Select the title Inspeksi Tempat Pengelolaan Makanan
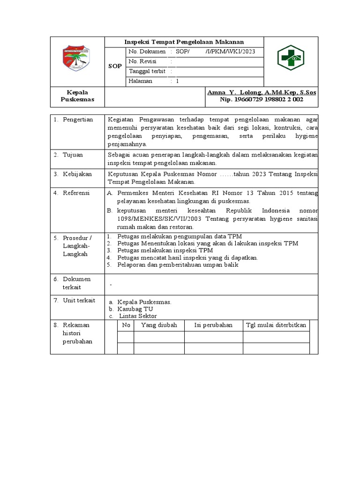(x=184, y=42)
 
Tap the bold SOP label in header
(x=115, y=66)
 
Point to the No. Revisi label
(x=142, y=61)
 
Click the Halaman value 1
(x=177, y=81)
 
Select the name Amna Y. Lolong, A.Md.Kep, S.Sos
(x=262, y=92)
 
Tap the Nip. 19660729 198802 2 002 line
(x=262, y=99)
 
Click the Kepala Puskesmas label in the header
(x=77, y=96)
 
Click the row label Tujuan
(x=73, y=155)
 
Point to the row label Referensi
(x=77, y=193)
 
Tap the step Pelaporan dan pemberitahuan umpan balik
(x=178, y=265)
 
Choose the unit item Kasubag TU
(x=135, y=309)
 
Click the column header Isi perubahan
(x=213, y=325)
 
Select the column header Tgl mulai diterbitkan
(x=276, y=325)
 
